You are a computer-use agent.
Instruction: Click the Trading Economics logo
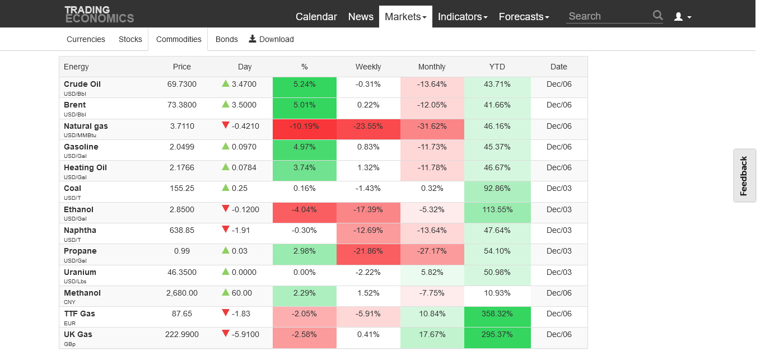99,14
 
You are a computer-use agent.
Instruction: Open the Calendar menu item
316,17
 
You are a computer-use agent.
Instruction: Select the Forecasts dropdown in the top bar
524,17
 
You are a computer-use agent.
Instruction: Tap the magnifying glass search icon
657,16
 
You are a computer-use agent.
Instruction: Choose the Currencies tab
86,39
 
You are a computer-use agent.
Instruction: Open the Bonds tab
227,39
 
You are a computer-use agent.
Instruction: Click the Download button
271,39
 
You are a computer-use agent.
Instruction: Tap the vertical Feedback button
744,176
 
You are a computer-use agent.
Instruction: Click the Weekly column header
368,67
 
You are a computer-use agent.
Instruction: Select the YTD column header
497,67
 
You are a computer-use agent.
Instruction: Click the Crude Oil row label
82,84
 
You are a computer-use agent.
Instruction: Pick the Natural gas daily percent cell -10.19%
304,127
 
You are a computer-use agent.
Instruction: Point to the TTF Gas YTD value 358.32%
497,314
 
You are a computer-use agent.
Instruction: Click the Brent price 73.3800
182,105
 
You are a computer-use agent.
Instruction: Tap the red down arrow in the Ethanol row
226,209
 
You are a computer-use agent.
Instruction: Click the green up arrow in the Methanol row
226,292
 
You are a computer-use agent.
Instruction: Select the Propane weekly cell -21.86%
368,251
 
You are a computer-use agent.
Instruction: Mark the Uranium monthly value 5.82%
432,273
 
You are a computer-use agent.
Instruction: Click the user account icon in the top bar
682,17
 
